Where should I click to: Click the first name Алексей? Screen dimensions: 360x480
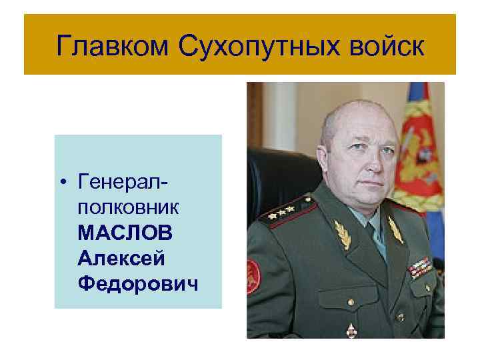pyautogui.click(x=119, y=259)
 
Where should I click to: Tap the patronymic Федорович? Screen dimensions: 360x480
pyautogui.click(x=137, y=285)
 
